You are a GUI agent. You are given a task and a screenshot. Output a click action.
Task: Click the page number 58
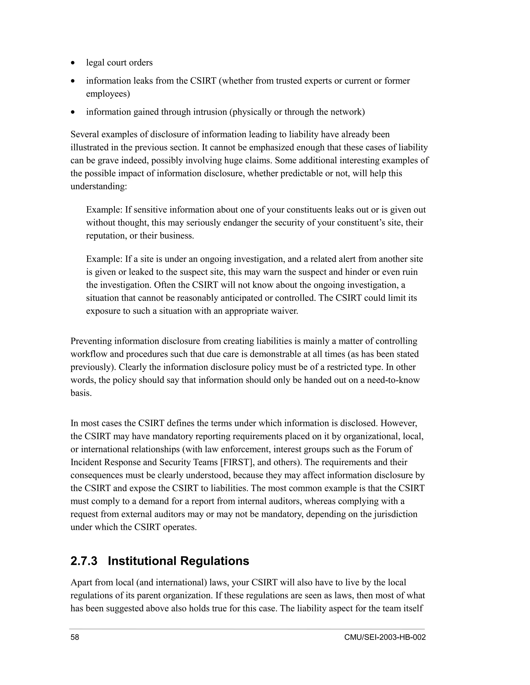(x=75, y=637)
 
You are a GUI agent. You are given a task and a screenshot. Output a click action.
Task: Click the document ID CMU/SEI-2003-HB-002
(x=385, y=637)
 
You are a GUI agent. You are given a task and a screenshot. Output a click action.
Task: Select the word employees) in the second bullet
(x=108, y=94)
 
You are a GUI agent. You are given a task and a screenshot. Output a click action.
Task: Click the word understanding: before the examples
(x=99, y=187)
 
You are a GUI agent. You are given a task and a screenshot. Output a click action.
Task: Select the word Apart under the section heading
(x=81, y=583)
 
